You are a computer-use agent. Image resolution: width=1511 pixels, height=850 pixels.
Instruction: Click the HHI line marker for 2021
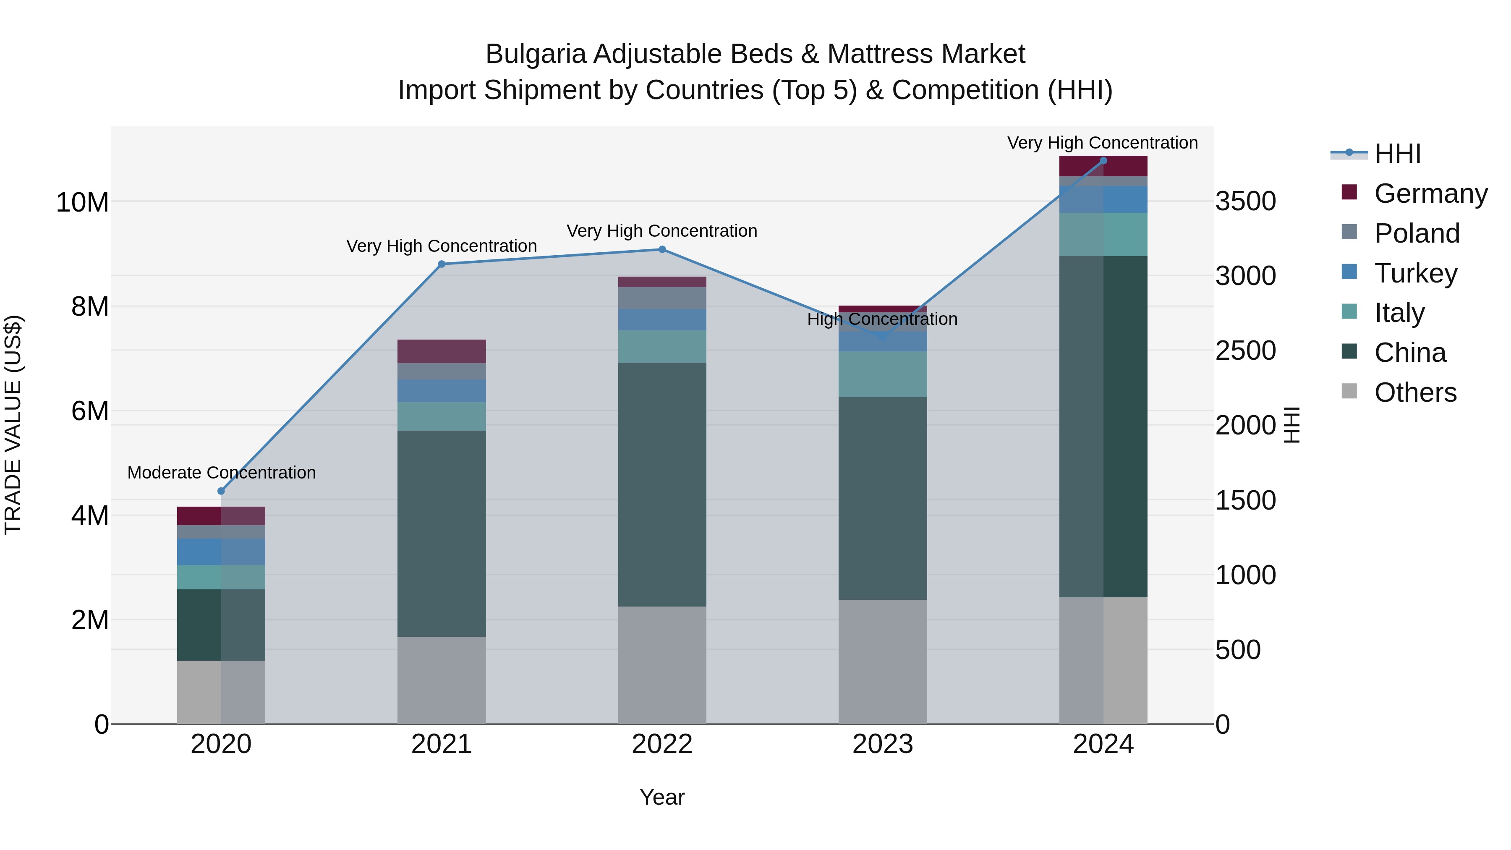pos(442,264)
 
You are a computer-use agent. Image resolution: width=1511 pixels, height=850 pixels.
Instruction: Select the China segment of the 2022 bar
pos(662,484)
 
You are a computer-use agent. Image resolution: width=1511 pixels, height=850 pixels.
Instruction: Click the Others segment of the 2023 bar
pos(883,661)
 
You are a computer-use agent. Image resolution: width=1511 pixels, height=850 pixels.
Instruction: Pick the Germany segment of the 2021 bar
pos(442,351)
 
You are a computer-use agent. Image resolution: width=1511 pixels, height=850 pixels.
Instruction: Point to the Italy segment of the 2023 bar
pos(883,374)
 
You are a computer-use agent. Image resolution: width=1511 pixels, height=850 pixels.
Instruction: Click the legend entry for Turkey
pos(1415,273)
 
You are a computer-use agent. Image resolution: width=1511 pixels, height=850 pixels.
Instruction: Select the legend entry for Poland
pos(1417,233)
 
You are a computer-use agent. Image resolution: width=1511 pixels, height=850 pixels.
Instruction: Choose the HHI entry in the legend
pos(1397,154)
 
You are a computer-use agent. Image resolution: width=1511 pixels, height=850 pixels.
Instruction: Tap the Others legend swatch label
pos(1415,392)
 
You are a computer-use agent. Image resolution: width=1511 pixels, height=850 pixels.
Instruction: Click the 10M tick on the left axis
pos(82,202)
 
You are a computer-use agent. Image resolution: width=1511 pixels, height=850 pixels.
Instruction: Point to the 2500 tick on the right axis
pos(1245,351)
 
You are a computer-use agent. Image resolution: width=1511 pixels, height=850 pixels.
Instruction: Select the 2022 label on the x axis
pos(662,744)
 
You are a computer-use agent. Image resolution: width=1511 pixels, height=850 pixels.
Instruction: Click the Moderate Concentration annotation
pos(222,472)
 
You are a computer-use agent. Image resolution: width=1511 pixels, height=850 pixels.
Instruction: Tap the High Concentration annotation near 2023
pos(882,319)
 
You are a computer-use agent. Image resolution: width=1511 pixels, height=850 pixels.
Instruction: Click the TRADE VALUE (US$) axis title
pos(13,425)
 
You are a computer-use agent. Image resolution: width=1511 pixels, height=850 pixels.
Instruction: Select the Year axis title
pos(662,797)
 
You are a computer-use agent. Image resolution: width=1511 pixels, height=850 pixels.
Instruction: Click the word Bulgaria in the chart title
pos(536,54)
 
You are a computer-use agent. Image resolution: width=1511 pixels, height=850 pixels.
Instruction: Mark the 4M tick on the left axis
pos(90,515)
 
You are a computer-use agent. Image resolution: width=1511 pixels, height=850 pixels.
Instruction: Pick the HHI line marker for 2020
pos(221,491)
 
